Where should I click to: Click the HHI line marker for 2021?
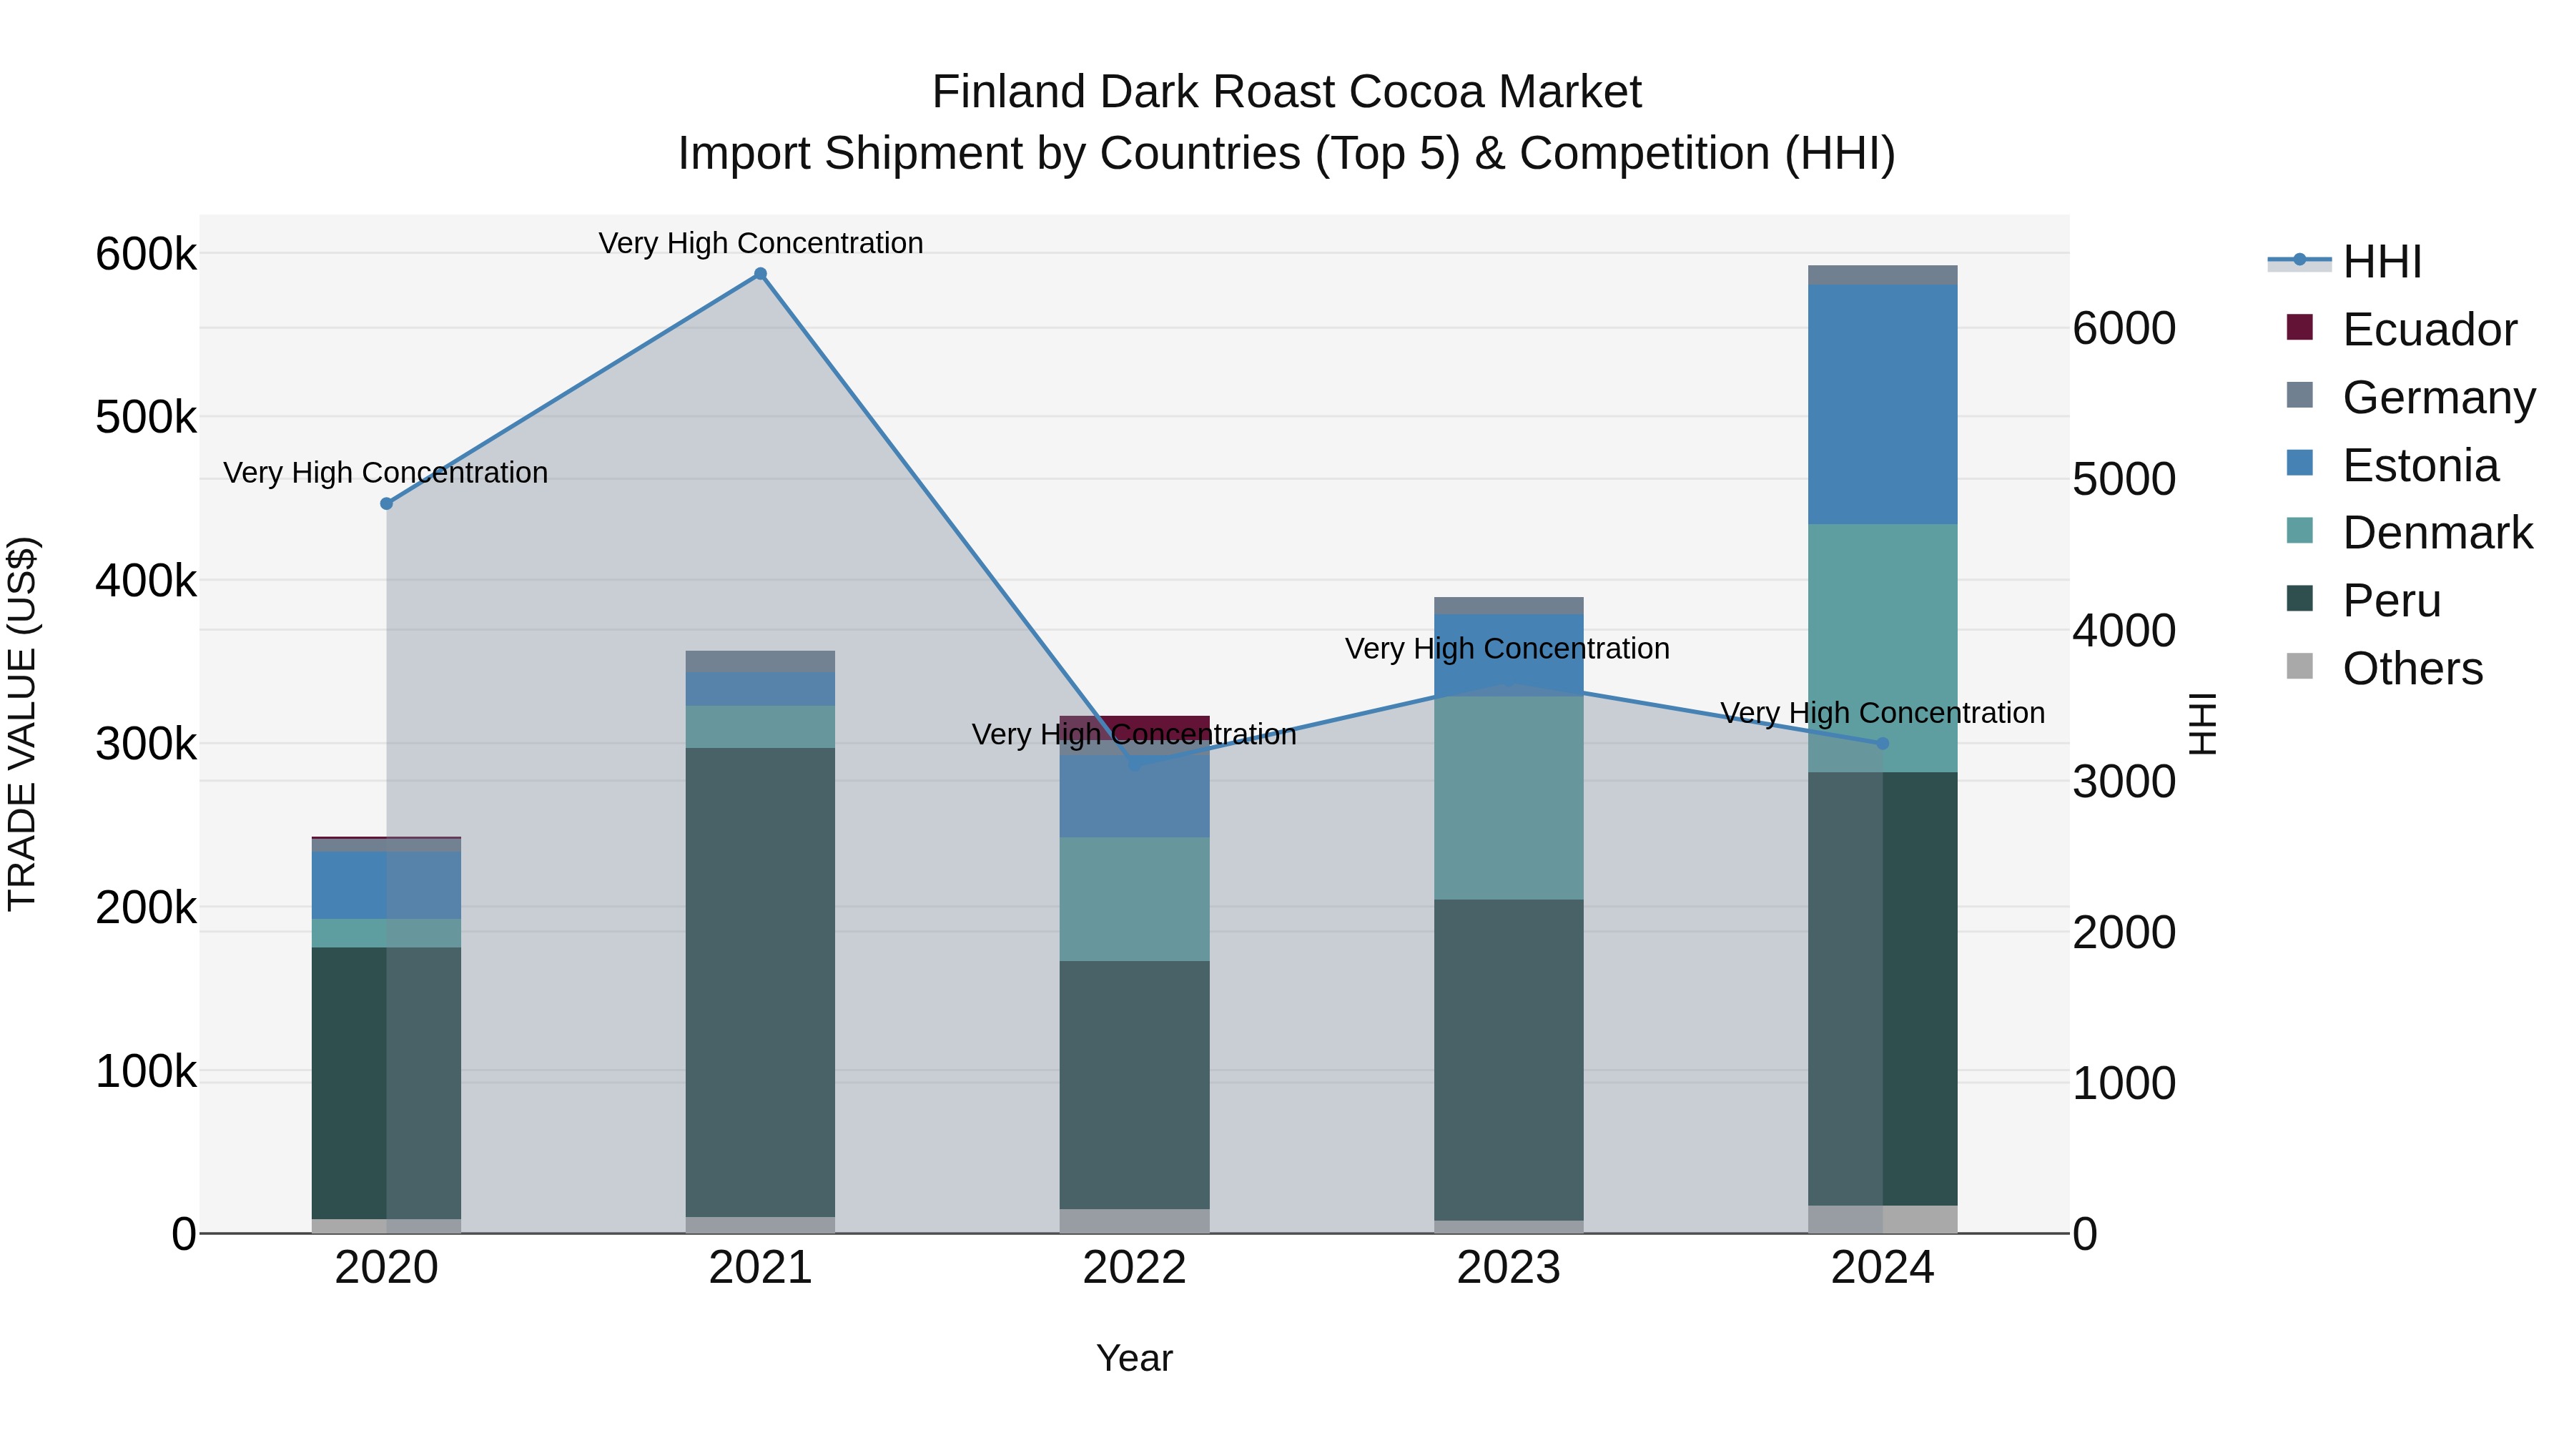pyautogui.click(x=761, y=274)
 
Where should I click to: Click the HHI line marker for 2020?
pyautogui.click(x=387, y=503)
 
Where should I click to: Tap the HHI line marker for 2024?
pyautogui.click(x=1883, y=744)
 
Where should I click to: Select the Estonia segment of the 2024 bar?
pyautogui.click(x=1883, y=404)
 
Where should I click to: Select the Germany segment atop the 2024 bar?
pyautogui.click(x=1883, y=275)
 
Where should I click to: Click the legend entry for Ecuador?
pyautogui.click(x=2428, y=330)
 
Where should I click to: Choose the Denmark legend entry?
pyautogui.click(x=2436, y=533)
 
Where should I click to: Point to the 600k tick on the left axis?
pyautogui.click(x=146, y=254)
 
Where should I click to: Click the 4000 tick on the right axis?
pyautogui.click(x=2124, y=631)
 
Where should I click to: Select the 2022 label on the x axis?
pyautogui.click(x=1134, y=1268)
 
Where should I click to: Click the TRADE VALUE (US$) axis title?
pyautogui.click(x=22, y=724)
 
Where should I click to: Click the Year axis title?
pyautogui.click(x=1134, y=1358)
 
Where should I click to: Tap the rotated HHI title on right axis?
pyautogui.click(x=2202, y=724)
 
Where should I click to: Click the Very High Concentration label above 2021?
pyautogui.click(x=761, y=243)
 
